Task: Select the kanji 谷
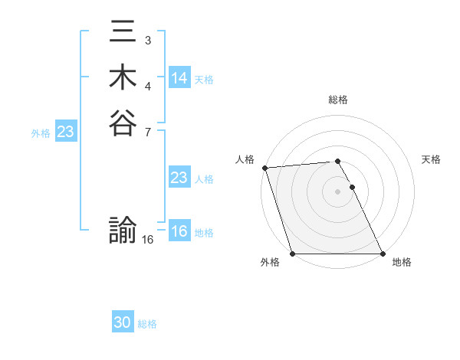coord(123,122)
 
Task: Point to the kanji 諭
coord(123,230)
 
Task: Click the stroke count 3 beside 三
coord(147,40)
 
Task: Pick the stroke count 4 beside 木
coord(147,86)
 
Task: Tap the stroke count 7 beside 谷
coord(147,131)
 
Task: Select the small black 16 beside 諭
coord(148,240)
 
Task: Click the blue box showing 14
coord(179,78)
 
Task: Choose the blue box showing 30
coord(123,322)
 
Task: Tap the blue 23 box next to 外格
coord(65,132)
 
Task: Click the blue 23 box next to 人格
coord(179,178)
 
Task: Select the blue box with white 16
coord(179,231)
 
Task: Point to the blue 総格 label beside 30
coord(147,324)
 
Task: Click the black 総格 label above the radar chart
coord(338,100)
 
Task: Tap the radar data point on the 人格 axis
coord(264,168)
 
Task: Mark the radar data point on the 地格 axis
coord(382,254)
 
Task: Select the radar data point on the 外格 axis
coord(293,254)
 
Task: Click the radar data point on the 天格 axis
coord(352,187)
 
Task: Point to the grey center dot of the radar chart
coord(337,191)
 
